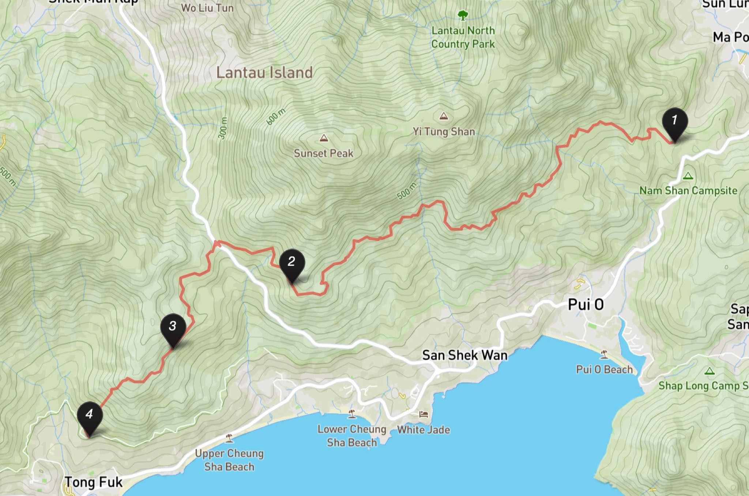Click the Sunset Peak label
click(x=323, y=153)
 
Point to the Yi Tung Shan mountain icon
click(x=444, y=117)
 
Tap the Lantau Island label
click(x=264, y=72)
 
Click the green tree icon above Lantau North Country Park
click(x=463, y=15)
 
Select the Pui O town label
click(x=586, y=305)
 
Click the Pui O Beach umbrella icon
click(x=604, y=354)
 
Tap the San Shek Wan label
click(x=464, y=355)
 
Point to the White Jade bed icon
click(x=424, y=414)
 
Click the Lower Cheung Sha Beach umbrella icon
click(x=352, y=414)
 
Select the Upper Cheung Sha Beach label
click(x=229, y=460)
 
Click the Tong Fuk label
click(x=93, y=482)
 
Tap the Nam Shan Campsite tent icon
click(x=688, y=176)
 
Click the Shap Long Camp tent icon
click(x=710, y=371)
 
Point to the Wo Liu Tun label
click(x=207, y=8)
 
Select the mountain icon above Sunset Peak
click(x=323, y=138)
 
